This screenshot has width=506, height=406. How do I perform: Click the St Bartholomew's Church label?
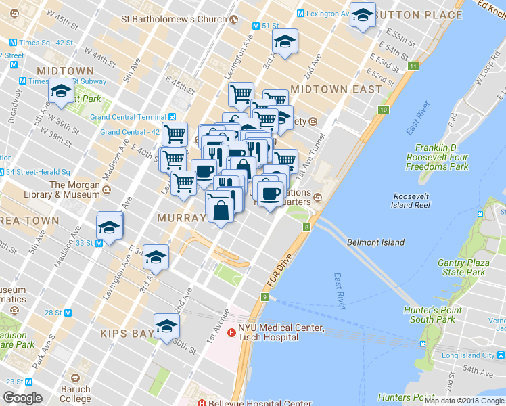(x=173, y=18)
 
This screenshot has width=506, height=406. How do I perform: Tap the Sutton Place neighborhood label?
(x=417, y=14)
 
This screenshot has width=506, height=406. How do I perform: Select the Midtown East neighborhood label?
(x=331, y=89)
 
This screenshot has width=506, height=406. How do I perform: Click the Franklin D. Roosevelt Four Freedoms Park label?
(x=442, y=157)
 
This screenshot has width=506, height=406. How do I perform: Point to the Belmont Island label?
(x=375, y=242)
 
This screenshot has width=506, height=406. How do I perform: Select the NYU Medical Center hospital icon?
(x=231, y=332)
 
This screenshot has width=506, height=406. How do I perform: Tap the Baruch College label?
(x=75, y=394)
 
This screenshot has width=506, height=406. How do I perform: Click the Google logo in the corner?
(x=22, y=398)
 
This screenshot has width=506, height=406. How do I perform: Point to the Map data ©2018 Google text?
(x=464, y=401)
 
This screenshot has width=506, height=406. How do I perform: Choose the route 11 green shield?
(x=413, y=66)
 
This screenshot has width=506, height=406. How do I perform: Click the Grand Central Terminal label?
(x=129, y=116)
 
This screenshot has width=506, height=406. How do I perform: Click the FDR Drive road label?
(x=279, y=270)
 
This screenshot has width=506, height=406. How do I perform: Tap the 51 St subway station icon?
(x=256, y=26)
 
